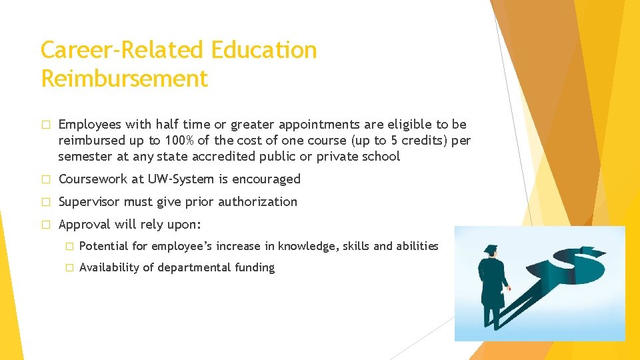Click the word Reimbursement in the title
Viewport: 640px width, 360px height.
click(124, 79)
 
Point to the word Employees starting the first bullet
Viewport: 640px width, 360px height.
click(89, 125)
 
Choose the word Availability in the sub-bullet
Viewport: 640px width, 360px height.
click(111, 267)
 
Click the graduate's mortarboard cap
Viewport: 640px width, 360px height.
click(492, 249)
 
